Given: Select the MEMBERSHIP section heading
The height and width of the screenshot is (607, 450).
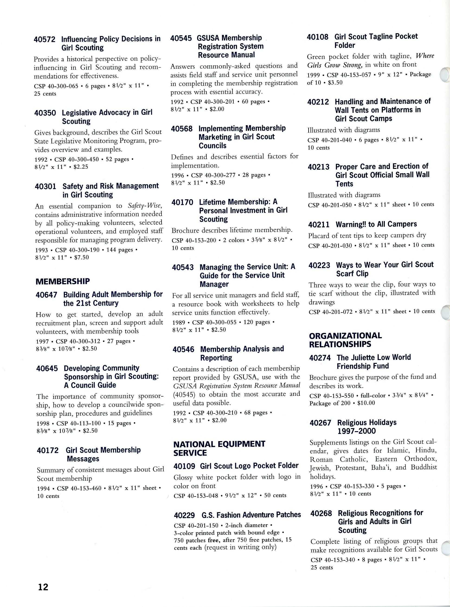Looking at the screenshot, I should pyautogui.click(x=63, y=282).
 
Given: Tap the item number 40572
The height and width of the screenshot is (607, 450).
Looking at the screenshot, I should pyautogui.click(x=45, y=39).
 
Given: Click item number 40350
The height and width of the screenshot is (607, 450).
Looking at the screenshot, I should pyautogui.click(x=45, y=113).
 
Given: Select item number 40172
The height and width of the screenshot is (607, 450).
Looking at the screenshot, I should pyautogui.click(x=48, y=450).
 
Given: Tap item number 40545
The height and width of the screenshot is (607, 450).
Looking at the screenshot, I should pyautogui.click(x=181, y=38).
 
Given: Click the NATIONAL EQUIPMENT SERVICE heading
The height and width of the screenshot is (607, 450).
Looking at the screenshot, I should pyautogui.click(x=219, y=448).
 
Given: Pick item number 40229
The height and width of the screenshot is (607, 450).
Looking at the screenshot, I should pyautogui.click(x=185, y=515).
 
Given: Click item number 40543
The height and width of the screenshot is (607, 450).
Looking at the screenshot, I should pyautogui.click(x=183, y=267).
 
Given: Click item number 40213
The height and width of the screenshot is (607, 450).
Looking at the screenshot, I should pyautogui.click(x=319, y=167).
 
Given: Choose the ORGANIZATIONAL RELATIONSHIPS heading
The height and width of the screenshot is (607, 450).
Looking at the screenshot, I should pyautogui.click(x=345, y=340).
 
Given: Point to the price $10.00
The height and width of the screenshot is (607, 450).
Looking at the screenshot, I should pyautogui.click(x=366, y=403).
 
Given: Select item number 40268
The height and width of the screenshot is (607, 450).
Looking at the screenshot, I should pyautogui.click(x=321, y=513).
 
